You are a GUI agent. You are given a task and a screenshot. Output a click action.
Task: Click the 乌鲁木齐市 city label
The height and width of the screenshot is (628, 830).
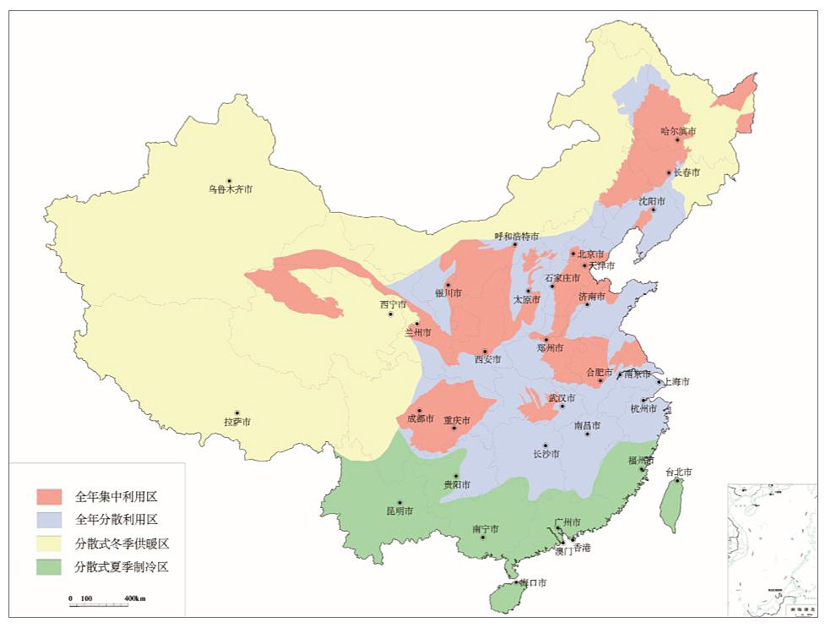230,189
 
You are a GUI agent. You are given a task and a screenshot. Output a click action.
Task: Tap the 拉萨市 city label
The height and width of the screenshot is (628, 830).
237,421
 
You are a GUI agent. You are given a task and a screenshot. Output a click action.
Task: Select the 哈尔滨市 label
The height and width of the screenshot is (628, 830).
678,131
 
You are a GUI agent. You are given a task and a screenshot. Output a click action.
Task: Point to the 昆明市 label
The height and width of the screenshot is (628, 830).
399,511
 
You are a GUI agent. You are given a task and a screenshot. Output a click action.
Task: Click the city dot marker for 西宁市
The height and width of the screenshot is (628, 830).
390,314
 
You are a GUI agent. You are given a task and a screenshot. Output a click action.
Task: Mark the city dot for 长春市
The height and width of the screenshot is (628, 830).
670,172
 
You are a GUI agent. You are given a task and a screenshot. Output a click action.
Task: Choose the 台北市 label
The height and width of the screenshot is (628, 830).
678,472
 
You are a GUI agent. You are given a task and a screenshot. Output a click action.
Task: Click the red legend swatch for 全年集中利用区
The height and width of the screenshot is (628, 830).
49,495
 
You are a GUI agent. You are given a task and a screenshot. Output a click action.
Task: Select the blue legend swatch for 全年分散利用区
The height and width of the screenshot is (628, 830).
49,519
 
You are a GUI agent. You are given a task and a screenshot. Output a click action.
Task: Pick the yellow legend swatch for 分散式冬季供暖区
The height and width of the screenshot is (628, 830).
49,543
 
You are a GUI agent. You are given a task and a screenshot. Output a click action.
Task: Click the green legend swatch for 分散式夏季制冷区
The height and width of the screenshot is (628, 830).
49,566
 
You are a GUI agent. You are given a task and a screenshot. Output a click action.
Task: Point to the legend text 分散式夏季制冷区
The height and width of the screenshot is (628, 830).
122,566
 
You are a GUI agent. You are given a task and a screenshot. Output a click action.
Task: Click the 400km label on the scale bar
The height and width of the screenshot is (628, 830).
135,598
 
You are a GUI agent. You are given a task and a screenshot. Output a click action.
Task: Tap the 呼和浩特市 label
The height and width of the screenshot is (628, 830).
516,237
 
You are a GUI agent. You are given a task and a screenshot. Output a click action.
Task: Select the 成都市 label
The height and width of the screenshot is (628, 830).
420,418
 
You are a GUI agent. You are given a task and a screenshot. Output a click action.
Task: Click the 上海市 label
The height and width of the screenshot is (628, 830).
675,382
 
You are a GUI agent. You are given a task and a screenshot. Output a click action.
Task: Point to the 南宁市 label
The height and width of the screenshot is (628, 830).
485,529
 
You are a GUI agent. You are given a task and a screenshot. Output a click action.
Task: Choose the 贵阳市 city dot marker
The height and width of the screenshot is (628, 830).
457,476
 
